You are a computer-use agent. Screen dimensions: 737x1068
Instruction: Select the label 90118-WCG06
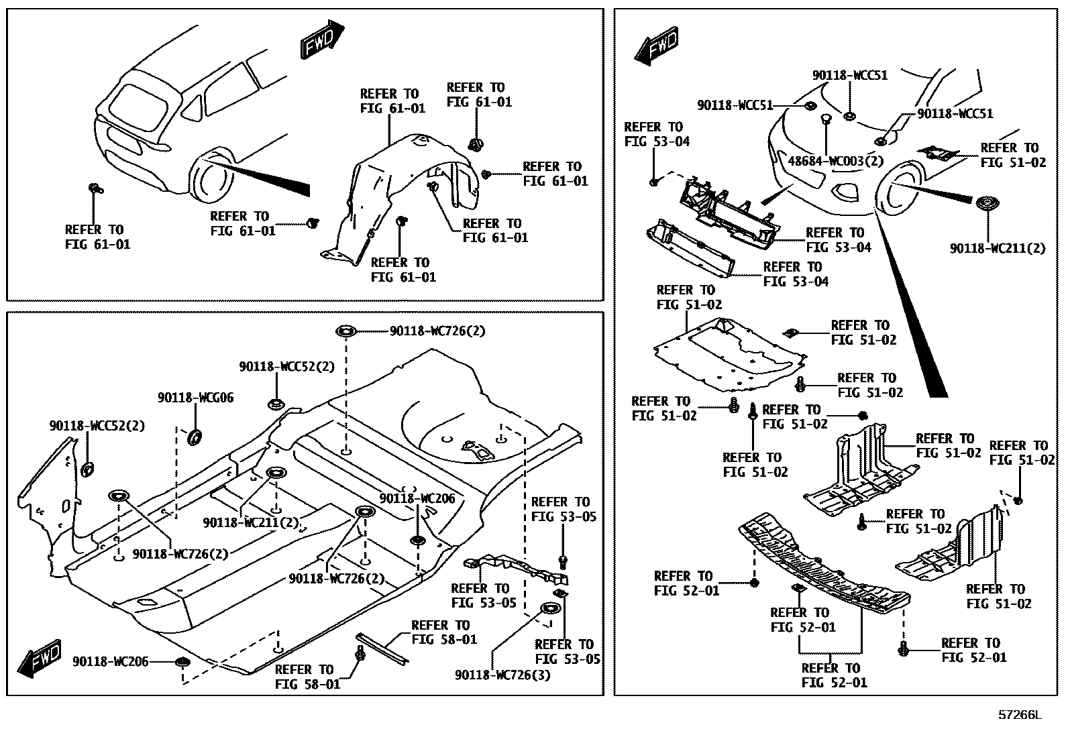(196, 398)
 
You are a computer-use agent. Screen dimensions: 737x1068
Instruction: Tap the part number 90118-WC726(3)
(502, 675)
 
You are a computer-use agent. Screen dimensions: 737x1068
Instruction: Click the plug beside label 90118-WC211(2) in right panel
(985, 204)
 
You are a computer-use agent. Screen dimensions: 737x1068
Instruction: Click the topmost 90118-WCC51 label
(850, 76)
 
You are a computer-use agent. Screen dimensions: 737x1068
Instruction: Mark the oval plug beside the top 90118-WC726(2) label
(345, 331)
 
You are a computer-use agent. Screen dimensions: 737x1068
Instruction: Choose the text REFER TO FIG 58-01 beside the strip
(443, 632)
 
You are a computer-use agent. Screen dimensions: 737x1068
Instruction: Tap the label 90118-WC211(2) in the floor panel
(251, 522)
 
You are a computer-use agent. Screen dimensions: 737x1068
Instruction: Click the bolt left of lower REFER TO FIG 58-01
(360, 653)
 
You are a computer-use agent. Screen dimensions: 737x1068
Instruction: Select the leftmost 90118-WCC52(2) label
(97, 426)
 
